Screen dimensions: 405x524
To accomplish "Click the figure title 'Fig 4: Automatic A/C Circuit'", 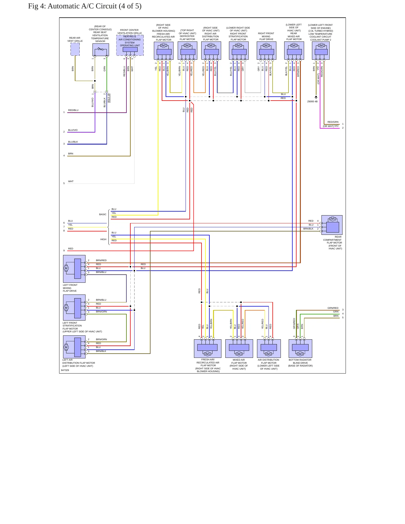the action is point(72,6).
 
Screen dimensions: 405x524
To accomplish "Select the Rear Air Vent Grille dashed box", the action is point(75,49).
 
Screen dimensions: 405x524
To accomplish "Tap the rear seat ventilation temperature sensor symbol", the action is point(101,50).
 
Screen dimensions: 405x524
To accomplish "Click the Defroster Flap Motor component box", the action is point(188,51).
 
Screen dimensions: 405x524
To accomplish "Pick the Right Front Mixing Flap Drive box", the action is point(267,51).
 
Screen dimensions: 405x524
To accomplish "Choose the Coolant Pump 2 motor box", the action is point(321,51).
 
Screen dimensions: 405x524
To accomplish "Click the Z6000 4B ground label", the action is point(312,101).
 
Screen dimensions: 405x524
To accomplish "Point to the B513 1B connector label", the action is point(109,98).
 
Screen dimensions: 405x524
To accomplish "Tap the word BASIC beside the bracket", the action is point(103,214).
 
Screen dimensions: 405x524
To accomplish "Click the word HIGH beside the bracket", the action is point(103,239).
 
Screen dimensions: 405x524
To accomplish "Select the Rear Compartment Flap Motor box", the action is point(332,225).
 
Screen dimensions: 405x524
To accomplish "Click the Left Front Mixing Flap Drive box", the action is point(74,269).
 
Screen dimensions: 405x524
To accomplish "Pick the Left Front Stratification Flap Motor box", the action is point(74,307).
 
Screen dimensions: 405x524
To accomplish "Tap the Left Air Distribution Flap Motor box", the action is point(74,347).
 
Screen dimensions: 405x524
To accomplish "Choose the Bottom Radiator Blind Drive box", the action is point(300,349).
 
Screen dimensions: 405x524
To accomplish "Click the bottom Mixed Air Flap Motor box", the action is point(239,349).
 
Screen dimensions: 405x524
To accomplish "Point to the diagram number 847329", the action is point(65,370).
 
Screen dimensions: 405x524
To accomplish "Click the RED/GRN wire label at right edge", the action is point(333,122).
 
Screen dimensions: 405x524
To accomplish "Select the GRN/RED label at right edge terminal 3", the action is point(333,308).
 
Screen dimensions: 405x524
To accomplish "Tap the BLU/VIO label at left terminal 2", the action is point(73,130).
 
